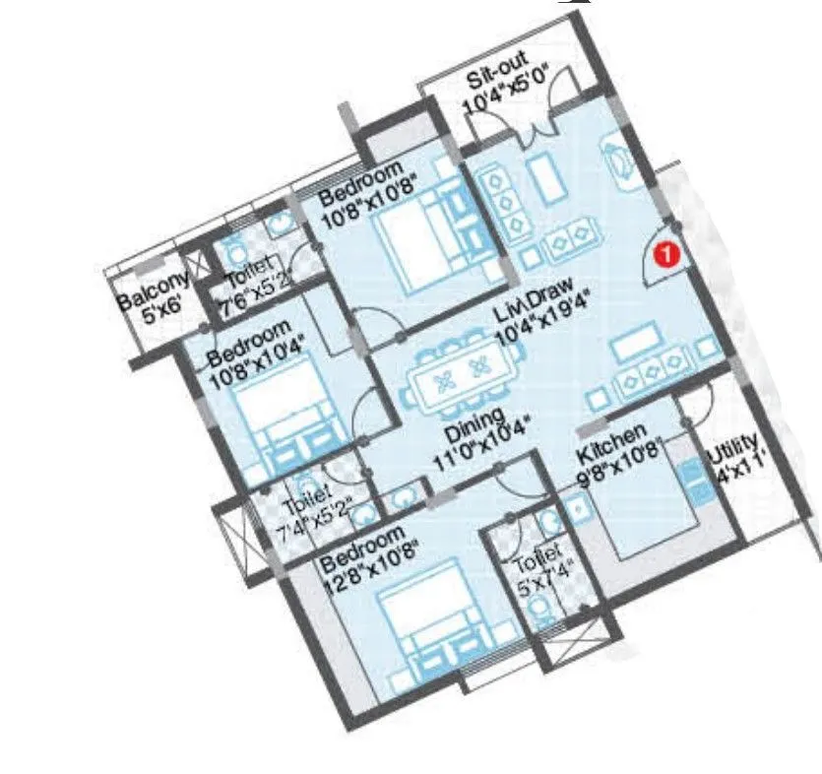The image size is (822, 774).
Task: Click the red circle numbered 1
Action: (667, 255)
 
